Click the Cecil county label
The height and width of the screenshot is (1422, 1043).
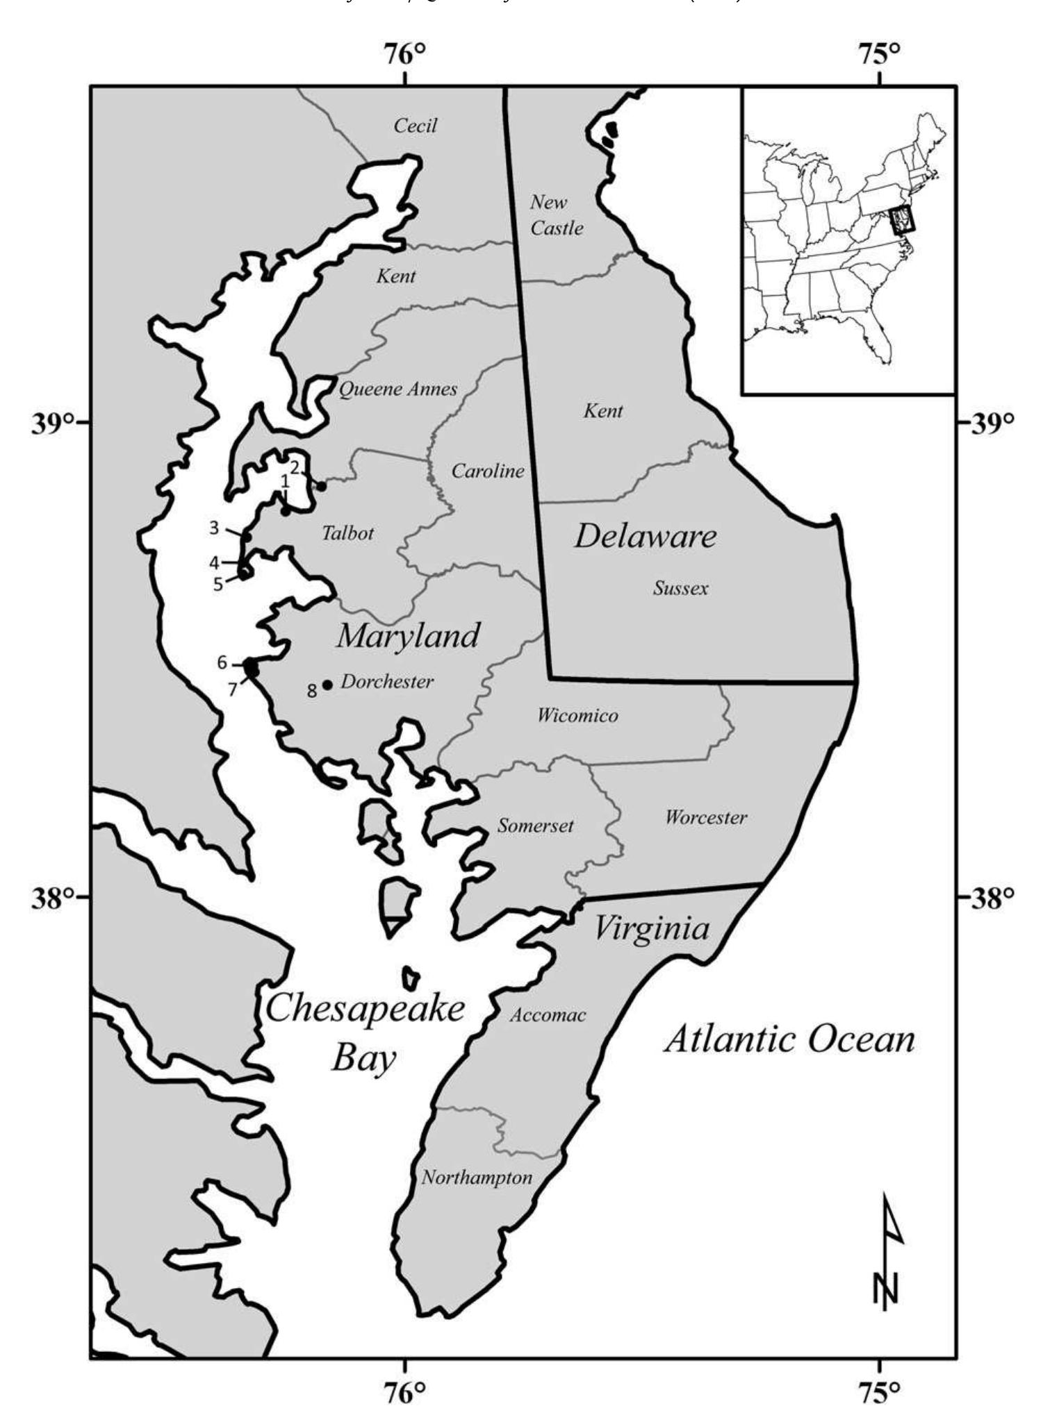pyautogui.click(x=416, y=126)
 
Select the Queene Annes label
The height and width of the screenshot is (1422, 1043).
pyautogui.click(x=397, y=389)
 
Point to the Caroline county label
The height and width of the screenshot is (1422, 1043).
pyautogui.click(x=488, y=471)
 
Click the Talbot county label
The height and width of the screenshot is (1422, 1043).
pyautogui.click(x=348, y=533)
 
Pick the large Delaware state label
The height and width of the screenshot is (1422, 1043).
pyautogui.click(x=645, y=537)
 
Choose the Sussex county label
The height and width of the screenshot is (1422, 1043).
pyautogui.click(x=681, y=589)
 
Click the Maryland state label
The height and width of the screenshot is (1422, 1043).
pyautogui.click(x=409, y=635)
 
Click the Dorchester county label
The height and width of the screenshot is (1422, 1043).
pyautogui.click(x=387, y=682)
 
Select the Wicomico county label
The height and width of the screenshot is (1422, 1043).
pyautogui.click(x=577, y=715)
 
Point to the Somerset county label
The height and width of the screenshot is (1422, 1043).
pyautogui.click(x=536, y=826)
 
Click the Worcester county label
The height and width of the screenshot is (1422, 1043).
pyautogui.click(x=706, y=817)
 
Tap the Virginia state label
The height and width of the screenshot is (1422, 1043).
pyautogui.click(x=652, y=928)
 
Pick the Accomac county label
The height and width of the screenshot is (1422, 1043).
pyautogui.click(x=548, y=1015)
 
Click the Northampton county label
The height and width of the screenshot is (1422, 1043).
pyautogui.click(x=477, y=1178)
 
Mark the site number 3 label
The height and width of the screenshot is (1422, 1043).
pyautogui.click(x=214, y=528)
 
